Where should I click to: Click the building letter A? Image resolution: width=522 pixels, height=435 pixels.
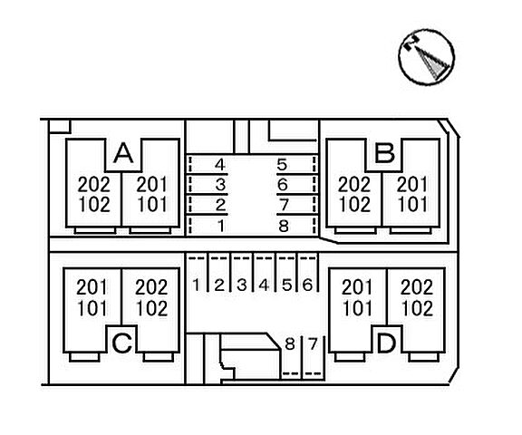123,153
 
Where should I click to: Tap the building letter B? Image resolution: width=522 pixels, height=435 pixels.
384,153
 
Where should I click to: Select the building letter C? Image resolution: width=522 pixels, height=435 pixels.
121,343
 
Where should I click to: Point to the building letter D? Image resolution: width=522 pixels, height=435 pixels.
386,343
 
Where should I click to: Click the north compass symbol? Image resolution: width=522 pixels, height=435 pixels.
427,56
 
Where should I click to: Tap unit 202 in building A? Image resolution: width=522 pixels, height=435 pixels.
94,184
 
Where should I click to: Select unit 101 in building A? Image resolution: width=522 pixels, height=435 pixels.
152,204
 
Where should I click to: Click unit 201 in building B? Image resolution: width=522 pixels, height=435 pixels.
412,184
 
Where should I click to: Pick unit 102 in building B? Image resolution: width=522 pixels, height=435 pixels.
355,204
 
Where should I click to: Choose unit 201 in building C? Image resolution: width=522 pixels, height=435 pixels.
92,287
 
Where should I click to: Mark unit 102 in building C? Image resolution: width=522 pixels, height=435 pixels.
152,308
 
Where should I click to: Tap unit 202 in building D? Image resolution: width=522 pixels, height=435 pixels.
417,287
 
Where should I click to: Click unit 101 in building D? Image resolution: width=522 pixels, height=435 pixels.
357,308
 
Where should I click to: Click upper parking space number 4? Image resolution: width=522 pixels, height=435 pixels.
220,164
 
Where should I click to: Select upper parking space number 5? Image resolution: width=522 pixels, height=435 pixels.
282,164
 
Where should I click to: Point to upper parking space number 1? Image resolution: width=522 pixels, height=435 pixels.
221,226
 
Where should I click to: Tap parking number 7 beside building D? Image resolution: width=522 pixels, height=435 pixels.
313,343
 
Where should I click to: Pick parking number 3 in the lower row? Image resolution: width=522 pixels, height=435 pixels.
242,285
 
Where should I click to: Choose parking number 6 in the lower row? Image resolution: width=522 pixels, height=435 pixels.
307,285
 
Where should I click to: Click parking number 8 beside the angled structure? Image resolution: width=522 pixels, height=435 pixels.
290,343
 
